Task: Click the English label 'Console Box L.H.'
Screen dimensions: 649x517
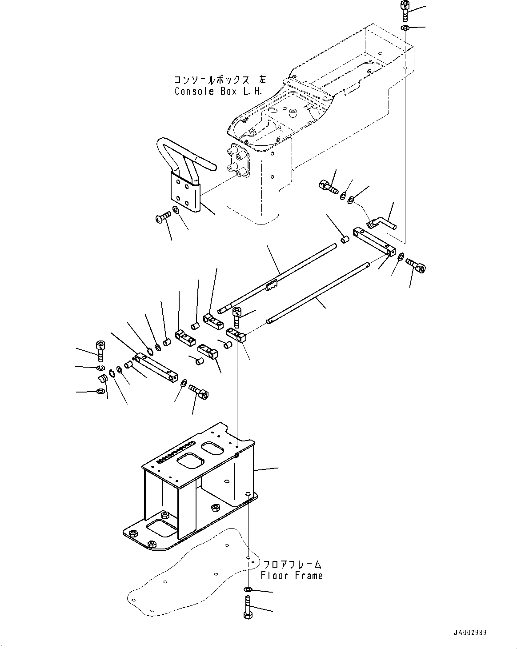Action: [x=218, y=91]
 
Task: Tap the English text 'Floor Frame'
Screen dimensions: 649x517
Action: [x=292, y=576]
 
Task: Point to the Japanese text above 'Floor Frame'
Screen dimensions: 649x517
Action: [x=292, y=565]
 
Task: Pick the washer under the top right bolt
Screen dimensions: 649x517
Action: [x=405, y=28]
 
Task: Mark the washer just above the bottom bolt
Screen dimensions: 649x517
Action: [x=248, y=589]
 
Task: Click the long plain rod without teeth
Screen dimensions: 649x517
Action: [x=316, y=293]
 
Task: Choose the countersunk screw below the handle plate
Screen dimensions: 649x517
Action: [x=164, y=217]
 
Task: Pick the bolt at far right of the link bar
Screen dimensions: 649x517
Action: [x=417, y=265]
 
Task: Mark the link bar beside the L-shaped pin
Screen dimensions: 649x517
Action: [x=373, y=240]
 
